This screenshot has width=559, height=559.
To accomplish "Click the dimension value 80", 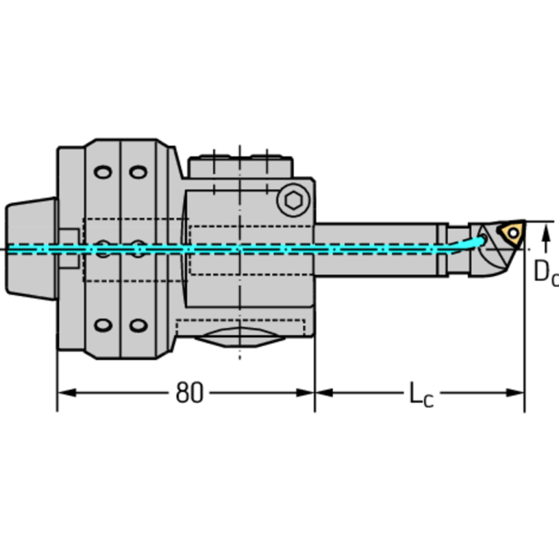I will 189,393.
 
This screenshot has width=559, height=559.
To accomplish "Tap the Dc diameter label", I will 545,272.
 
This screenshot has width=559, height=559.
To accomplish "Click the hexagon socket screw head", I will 294,199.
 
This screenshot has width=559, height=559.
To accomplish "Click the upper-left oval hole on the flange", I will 103,172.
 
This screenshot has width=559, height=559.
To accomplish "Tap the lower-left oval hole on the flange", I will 103,325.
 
